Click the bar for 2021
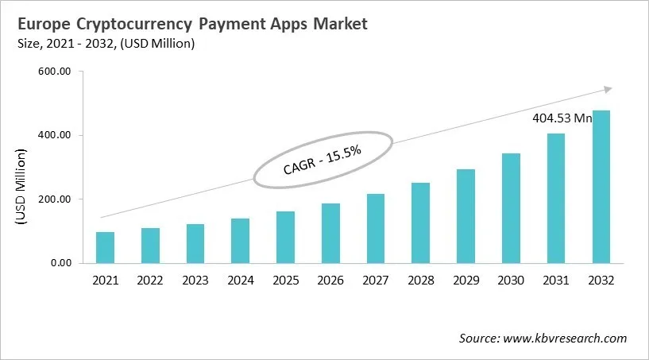click(105, 247)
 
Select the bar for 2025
click(286, 237)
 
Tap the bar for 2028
click(420, 223)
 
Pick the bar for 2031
click(556, 198)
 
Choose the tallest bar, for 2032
click(601, 186)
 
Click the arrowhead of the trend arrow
click(608, 90)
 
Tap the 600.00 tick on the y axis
click(55, 72)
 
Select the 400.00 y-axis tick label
click(55, 136)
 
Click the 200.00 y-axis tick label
click(55, 199)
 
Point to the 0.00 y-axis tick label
click(60, 263)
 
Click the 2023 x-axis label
click(195, 280)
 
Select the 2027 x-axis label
click(376, 280)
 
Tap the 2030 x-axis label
click(511, 280)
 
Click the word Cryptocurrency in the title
click(149, 25)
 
